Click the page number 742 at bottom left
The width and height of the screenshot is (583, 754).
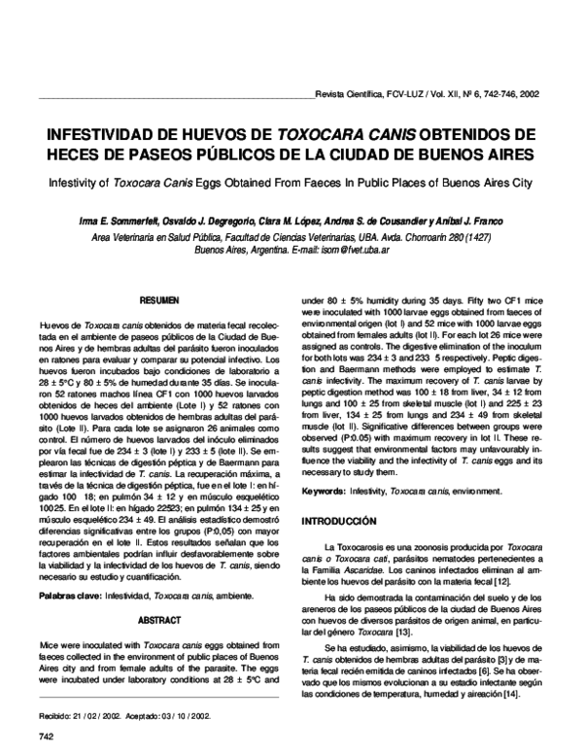point(44,736)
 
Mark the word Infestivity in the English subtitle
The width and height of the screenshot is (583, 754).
point(65,181)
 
